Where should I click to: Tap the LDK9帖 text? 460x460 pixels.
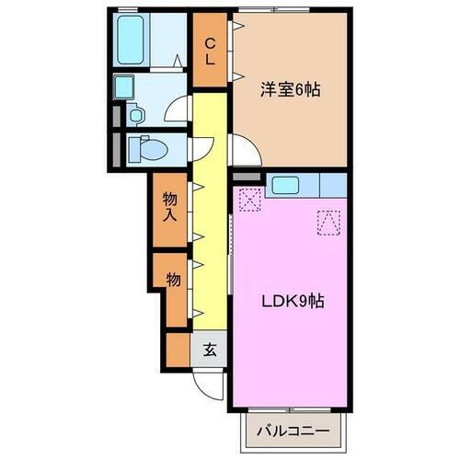(289, 301)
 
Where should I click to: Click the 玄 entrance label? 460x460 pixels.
(210, 350)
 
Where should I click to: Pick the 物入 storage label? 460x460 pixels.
(170, 207)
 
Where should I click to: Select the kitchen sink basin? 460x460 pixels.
(284, 184)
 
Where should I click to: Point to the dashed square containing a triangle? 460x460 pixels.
(328, 222)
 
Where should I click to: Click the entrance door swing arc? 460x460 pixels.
(209, 384)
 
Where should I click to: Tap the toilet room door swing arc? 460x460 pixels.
(201, 147)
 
